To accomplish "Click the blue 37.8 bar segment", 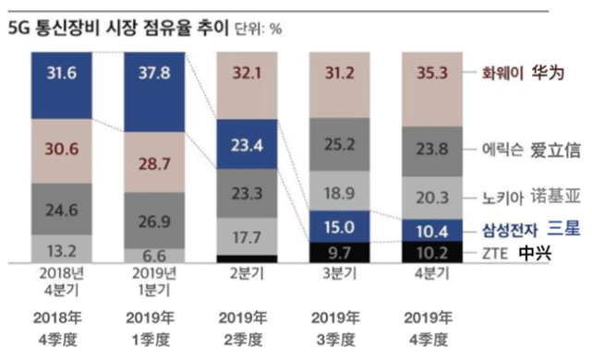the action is (154, 92).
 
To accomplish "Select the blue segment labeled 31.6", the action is (62, 86).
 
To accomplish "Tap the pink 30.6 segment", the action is (62, 151).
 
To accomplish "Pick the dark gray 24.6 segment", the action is (62, 210).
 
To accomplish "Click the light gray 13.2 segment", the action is (62, 249).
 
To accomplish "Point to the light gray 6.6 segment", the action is (154, 256).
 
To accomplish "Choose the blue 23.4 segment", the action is (247, 144).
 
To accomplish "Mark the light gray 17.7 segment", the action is (247, 236).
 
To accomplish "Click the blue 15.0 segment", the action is (340, 226).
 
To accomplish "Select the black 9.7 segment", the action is (340, 252).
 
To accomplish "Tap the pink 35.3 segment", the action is (432, 90).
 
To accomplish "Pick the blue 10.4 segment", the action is (432, 230).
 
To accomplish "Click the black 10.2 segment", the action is (432, 252).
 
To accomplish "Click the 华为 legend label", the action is (548, 73).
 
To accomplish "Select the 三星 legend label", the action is (563, 228).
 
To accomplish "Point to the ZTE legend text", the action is (495, 254).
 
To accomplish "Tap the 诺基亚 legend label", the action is (555, 197).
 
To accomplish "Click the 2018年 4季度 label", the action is (58, 329).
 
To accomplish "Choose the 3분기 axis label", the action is (340, 273).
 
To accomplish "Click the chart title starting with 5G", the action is (118, 28).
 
